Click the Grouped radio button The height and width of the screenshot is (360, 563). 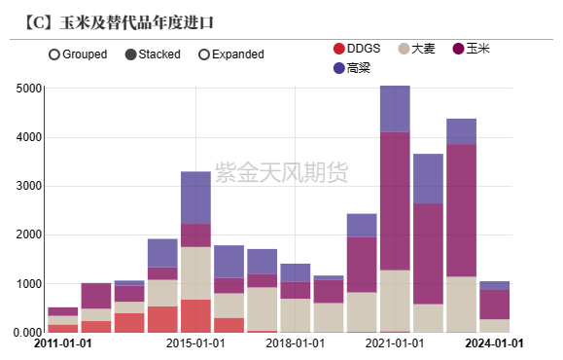[53, 54]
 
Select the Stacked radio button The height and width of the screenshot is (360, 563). [131, 54]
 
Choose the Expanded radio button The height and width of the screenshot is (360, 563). [204, 54]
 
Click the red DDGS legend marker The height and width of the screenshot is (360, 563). [338, 49]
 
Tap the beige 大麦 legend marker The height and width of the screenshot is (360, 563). [405, 49]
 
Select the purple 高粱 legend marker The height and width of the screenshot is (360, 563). [338, 68]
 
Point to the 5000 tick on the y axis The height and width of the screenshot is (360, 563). [29, 89]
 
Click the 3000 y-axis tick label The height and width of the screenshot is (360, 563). [29, 186]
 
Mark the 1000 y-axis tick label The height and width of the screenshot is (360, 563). [29, 284]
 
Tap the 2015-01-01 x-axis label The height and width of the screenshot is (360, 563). [196, 343]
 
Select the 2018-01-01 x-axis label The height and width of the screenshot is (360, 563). [296, 343]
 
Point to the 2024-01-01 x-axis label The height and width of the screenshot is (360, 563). [495, 343]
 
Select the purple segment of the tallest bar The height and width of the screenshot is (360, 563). [395, 109]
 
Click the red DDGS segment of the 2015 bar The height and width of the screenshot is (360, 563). [195, 315]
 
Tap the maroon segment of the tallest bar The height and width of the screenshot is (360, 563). [395, 200]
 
